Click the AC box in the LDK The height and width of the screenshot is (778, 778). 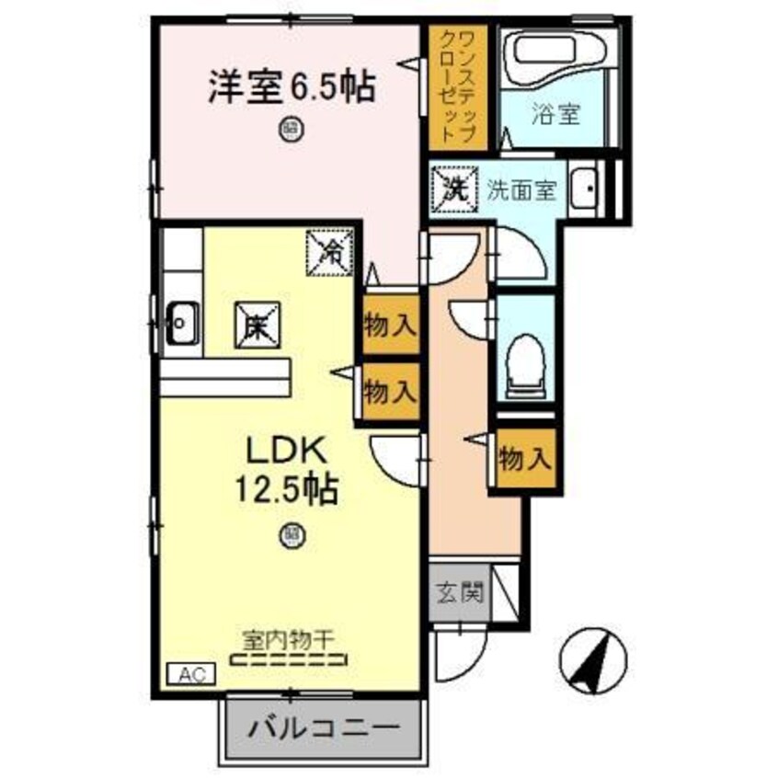[191, 674]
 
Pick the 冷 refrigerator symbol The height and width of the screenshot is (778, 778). [330, 250]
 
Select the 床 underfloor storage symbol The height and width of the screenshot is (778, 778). [257, 325]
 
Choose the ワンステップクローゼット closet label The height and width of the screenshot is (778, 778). [458, 85]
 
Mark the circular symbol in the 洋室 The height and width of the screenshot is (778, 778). [291, 129]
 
